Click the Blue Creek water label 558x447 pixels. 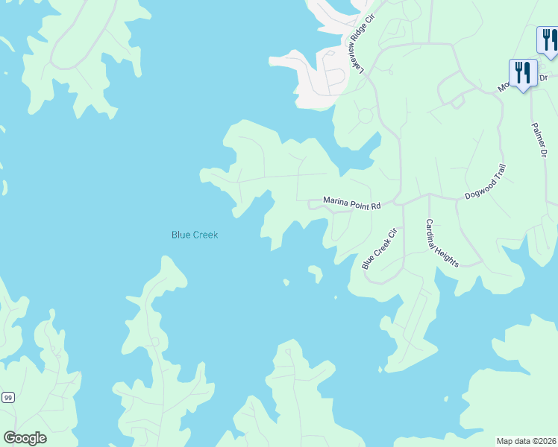[x=195, y=235]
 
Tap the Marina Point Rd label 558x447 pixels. [x=351, y=201]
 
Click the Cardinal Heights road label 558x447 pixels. [x=442, y=243]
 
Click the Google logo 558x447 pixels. [x=25, y=438]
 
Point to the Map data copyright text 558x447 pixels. [x=526, y=440]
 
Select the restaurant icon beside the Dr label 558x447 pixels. [x=522, y=73]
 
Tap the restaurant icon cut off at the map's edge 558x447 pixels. [x=548, y=40]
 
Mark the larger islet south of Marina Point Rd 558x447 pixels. [x=316, y=273]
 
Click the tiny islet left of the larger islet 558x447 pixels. [x=286, y=282]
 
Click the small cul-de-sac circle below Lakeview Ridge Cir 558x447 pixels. [x=366, y=116]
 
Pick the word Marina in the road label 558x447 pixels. [x=336, y=201]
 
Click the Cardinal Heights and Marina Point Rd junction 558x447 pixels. [x=429, y=195]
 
